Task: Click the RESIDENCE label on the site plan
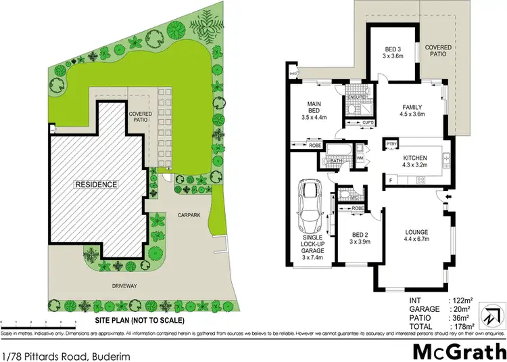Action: [x=97, y=184]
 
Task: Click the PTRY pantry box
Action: [x=391, y=144]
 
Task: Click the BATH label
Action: [x=336, y=160]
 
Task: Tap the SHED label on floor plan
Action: [x=293, y=74]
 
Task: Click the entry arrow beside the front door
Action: [x=449, y=197]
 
